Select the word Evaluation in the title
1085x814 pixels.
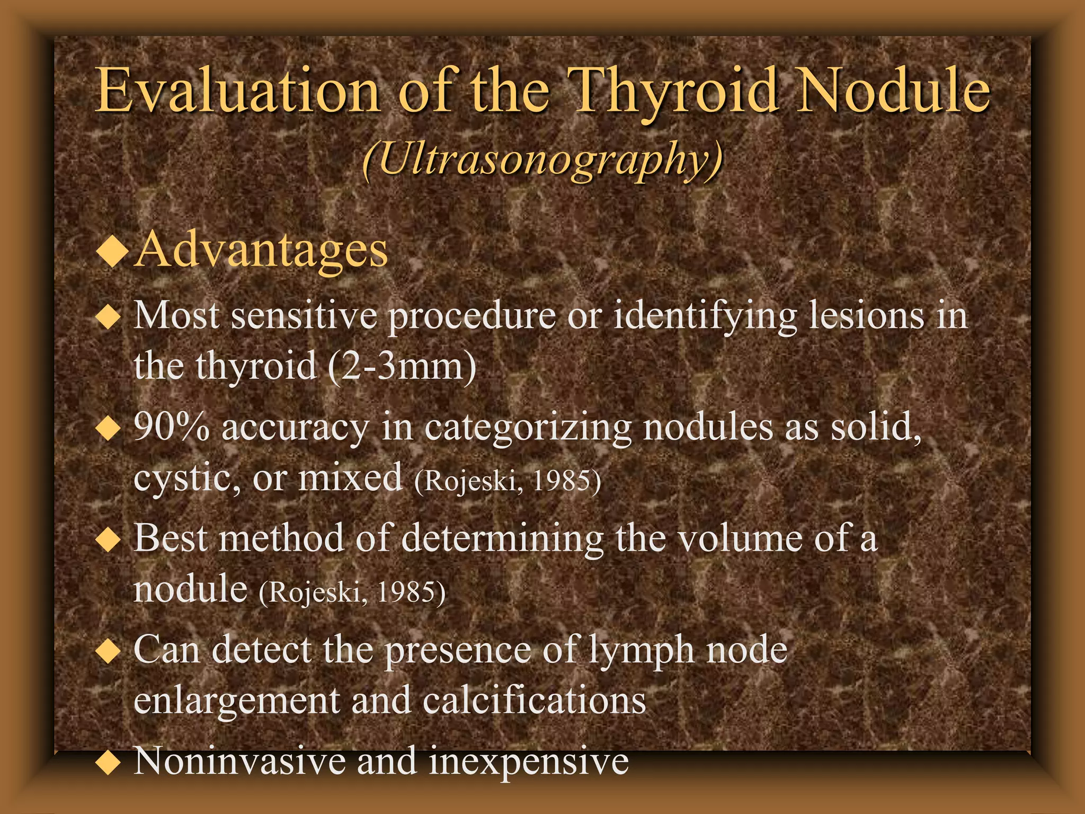237,90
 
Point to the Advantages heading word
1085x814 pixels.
261,250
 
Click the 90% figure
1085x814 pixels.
171,427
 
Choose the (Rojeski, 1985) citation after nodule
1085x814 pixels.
352,592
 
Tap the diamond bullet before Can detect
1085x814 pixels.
109,652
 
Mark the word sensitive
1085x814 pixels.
304,316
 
